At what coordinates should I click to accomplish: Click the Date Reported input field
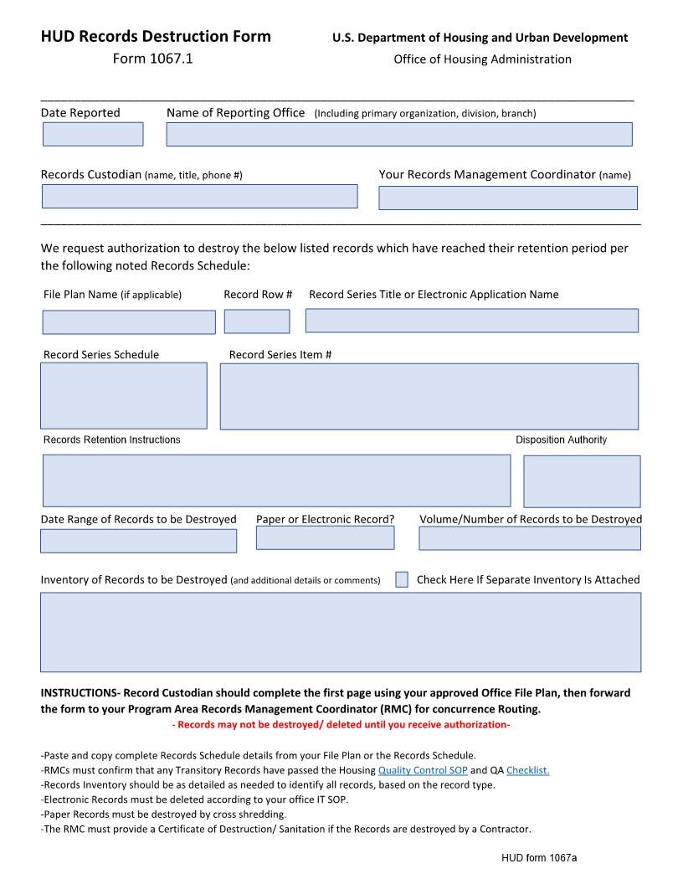pos(93,134)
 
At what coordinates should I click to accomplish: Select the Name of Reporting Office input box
pos(399,134)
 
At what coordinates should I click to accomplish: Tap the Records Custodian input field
pos(199,196)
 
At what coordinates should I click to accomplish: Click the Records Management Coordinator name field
pos(508,198)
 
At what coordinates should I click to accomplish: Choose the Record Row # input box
pos(257,321)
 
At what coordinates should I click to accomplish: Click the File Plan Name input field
pos(129,322)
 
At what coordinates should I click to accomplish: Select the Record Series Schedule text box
pos(124,395)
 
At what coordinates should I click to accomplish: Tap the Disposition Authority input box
pos(582,481)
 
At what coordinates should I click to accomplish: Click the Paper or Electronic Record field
pos(325,537)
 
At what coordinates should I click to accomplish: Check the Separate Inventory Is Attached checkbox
pos(402,579)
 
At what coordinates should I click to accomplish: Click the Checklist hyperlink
pos(527,770)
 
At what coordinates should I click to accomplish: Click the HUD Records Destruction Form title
pos(156,36)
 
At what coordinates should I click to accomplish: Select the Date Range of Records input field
pos(138,541)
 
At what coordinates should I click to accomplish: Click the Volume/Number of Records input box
pos(529,538)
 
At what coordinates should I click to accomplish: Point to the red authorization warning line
pos(341,724)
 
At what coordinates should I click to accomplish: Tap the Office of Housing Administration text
pos(482,59)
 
